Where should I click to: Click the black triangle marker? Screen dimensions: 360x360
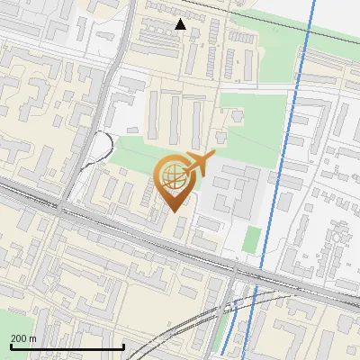[181, 24]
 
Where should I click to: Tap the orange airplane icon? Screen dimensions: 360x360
[198, 165]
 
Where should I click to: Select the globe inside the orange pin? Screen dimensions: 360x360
[172, 175]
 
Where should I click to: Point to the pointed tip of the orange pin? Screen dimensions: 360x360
[173, 210]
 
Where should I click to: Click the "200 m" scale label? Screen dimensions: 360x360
[23, 338]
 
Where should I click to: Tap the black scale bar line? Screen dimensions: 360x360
[67, 346]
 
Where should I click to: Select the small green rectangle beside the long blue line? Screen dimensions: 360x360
[252, 239]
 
